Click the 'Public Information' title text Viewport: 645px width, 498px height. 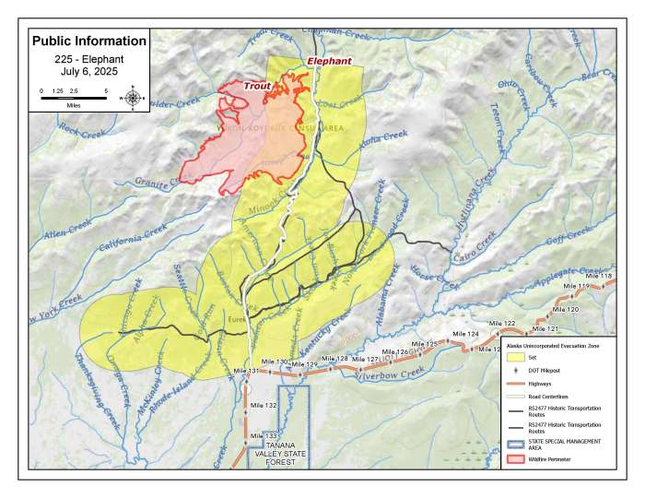[x=88, y=41]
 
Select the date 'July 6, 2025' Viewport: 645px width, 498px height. [x=88, y=70]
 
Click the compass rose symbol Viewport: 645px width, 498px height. [x=134, y=97]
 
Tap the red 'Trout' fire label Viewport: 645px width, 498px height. [x=257, y=86]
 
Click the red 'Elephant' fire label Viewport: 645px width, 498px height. [x=329, y=61]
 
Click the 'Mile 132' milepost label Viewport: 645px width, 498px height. [x=264, y=405]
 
